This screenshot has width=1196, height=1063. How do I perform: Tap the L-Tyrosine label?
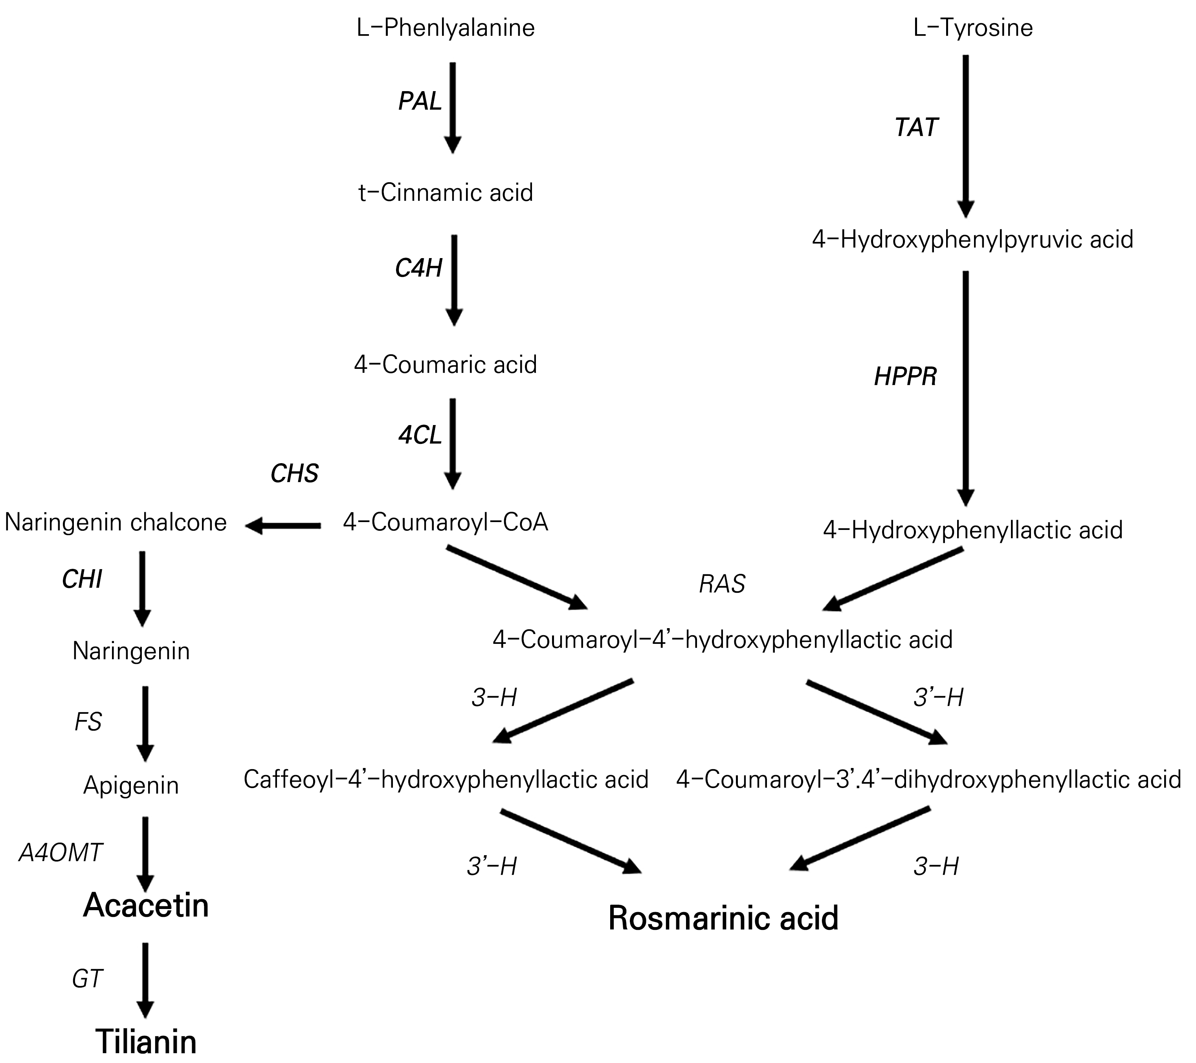(973, 28)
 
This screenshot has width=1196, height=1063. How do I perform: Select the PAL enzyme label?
(420, 101)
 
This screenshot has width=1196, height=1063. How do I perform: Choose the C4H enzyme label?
(418, 268)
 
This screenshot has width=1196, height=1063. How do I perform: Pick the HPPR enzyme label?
(905, 377)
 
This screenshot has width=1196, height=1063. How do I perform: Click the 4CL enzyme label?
(420, 435)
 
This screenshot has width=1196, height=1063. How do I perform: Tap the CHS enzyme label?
(294, 473)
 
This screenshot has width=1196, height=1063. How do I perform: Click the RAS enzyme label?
(722, 584)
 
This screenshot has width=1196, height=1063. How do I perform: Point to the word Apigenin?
(131, 785)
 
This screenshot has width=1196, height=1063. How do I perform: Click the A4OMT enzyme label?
(61, 852)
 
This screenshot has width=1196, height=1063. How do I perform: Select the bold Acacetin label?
(146, 905)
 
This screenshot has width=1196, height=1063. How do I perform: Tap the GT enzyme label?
(87, 979)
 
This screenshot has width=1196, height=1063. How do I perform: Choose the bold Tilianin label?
(146, 1041)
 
